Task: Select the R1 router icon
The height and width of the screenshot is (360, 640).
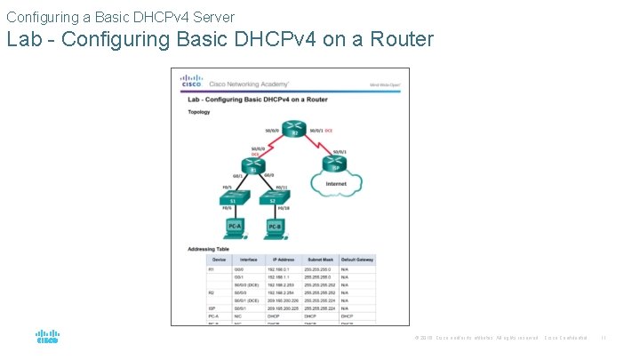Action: click(x=252, y=165)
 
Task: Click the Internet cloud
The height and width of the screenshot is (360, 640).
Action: click(x=336, y=184)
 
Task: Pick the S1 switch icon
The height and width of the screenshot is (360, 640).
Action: click(x=233, y=201)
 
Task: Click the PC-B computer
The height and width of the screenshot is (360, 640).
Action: click(x=276, y=228)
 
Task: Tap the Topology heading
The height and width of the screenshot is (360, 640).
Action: click(x=199, y=113)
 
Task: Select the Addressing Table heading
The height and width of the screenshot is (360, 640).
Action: click(x=208, y=249)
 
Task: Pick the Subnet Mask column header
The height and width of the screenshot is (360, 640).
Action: click(x=317, y=259)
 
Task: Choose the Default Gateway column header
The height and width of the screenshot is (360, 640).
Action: click(x=358, y=259)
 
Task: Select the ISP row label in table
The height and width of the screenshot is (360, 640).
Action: click(x=211, y=308)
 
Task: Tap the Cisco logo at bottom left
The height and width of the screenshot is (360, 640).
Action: click(x=47, y=337)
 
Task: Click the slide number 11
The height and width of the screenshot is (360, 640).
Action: click(x=603, y=338)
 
